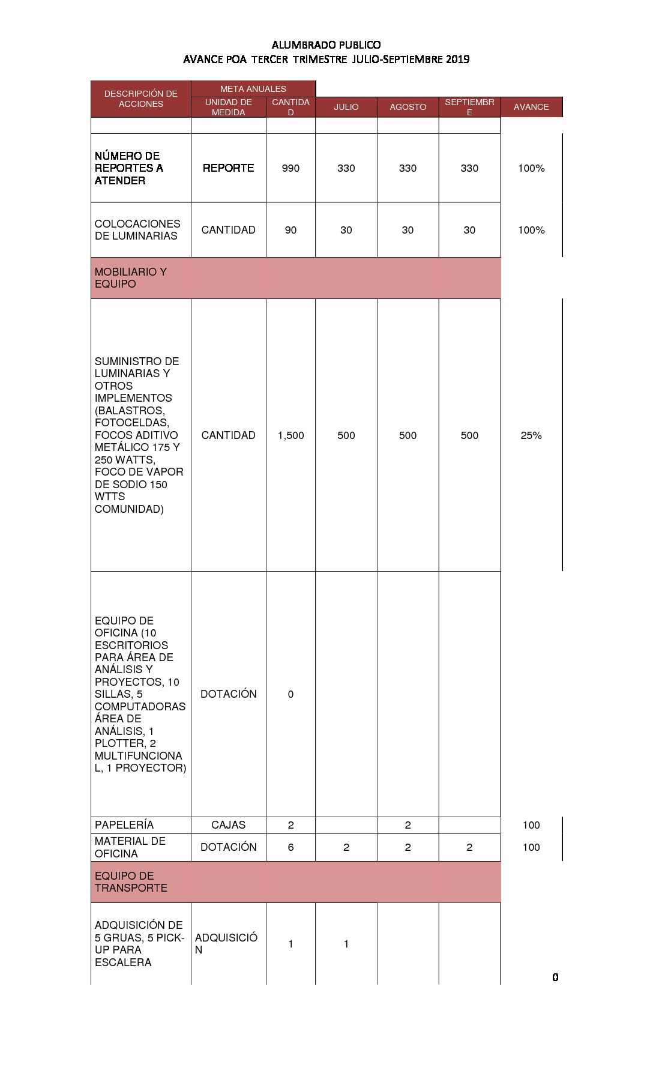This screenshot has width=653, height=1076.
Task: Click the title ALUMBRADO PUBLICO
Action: (326, 44)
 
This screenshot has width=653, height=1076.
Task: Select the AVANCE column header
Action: (531, 107)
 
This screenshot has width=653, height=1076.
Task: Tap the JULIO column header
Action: (346, 107)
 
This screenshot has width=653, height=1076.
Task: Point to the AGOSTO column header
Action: (408, 107)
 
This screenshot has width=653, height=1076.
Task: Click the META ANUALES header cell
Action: (253, 89)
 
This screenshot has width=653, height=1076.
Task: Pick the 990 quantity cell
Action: (290, 168)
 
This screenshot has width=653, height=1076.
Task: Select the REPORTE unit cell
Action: (228, 168)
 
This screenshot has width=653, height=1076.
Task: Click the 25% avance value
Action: (531, 435)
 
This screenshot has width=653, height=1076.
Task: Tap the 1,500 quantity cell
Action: (290, 435)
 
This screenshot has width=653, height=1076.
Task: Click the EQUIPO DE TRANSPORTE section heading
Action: (131, 882)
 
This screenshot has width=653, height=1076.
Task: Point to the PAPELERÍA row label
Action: (124, 825)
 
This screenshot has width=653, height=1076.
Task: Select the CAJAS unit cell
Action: (228, 825)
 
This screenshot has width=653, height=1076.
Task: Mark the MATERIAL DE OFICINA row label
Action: (130, 847)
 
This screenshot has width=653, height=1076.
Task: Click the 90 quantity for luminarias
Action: (290, 230)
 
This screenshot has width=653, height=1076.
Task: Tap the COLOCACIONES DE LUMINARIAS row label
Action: (137, 230)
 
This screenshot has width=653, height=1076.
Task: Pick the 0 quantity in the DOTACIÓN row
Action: (290, 694)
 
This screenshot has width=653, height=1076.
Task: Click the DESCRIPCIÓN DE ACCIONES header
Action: (140, 98)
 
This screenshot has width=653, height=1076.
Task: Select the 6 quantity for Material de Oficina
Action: (290, 847)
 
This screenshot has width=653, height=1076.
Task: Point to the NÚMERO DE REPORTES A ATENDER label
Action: (128, 168)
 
